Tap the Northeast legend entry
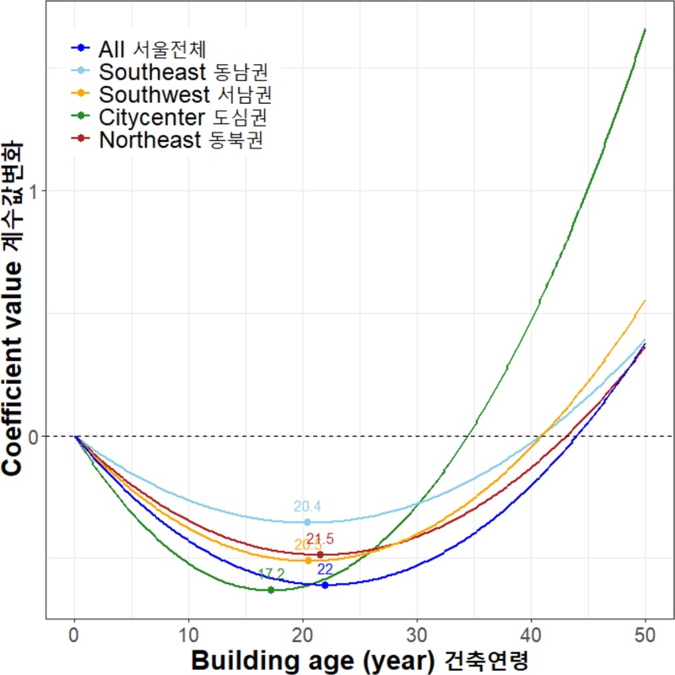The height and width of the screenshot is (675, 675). click(181, 139)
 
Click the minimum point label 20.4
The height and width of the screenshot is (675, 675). click(307, 507)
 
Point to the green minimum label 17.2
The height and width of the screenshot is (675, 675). click(271, 575)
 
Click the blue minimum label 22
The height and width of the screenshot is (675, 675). click(325, 570)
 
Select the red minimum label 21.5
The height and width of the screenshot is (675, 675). click(321, 539)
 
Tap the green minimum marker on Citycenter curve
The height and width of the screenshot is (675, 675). click(271, 590)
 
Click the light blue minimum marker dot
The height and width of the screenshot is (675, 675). click(307, 522)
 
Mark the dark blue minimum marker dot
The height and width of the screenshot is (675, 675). click(325, 585)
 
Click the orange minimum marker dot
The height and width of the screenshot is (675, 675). click(308, 560)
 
